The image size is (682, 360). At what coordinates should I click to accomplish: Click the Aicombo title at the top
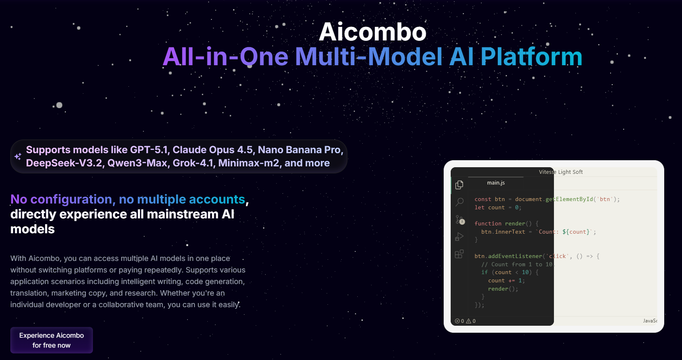372,32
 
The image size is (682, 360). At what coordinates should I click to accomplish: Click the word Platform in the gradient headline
531,57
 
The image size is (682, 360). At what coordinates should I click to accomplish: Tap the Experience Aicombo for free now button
52,340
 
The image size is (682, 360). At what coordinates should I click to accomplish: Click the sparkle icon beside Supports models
18,156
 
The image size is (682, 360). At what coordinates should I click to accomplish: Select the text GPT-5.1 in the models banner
149,150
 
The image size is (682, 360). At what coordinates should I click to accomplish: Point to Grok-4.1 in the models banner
193,163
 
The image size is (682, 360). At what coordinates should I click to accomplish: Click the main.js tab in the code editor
496,182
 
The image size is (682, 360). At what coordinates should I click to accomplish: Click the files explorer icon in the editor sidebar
459,185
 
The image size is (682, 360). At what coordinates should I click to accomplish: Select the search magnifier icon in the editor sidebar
459,202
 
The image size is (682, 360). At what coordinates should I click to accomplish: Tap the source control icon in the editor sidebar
460,220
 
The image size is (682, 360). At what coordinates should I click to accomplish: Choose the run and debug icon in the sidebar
459,237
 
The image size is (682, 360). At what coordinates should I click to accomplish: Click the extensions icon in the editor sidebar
459,254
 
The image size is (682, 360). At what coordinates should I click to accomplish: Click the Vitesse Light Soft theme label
561,172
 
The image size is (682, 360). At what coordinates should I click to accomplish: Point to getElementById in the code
569,199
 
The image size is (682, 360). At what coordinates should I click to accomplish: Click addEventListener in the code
515,256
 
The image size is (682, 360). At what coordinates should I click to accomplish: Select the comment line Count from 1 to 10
518,265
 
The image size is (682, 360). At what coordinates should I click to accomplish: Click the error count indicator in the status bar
459,321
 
